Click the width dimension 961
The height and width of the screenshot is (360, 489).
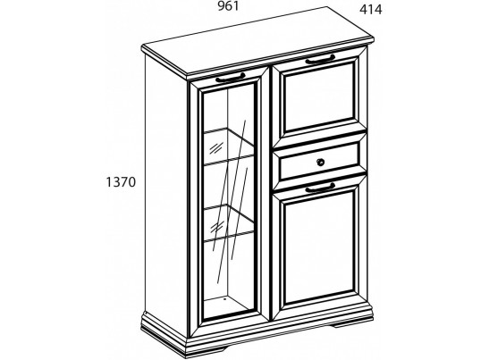(228, 6)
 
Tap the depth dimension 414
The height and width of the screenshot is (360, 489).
(370, 10)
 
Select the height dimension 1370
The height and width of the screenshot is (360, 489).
(121, 182)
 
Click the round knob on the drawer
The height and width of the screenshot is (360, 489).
(320, 162)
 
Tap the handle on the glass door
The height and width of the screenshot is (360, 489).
(230, 78)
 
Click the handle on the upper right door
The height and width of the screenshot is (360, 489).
(320, 59)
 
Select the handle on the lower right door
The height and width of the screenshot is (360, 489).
(320, 188)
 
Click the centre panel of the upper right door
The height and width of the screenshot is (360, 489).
(319, 97)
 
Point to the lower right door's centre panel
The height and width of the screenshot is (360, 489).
(320, 247)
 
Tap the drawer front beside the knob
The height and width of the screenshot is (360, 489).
(299, 165)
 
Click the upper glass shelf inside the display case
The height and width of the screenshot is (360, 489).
(229, 147)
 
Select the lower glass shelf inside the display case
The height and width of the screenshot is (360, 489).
(229, 222)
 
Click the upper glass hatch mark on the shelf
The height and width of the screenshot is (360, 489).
(216, 147)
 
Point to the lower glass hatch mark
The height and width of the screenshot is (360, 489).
(216, 227)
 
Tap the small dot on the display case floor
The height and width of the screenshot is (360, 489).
(224, 298)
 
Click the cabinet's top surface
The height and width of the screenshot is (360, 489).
(258, 40)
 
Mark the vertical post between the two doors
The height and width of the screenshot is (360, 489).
(266, 193)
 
